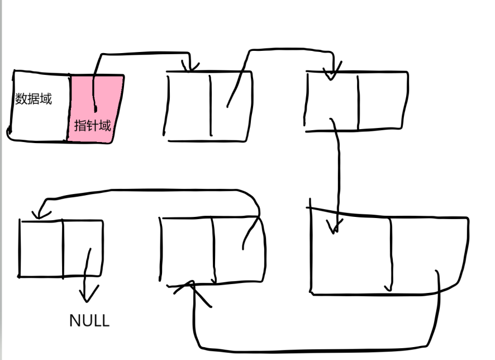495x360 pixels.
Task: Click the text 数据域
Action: [x=34, y=100]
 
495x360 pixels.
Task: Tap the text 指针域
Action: [x=92, y=125]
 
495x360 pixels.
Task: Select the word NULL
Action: [x=89, y=320]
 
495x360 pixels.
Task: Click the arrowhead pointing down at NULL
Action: [x=89, y=293]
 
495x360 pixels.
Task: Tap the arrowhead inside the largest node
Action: [x=335, y=226]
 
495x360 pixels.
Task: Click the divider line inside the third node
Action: [x=358, y=101]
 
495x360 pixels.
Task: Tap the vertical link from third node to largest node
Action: [x=339, y=173]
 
